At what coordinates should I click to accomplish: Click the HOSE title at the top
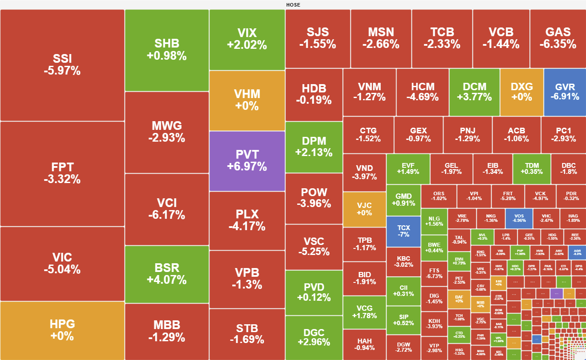(293, 5)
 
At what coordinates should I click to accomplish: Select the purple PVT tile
(247, 161)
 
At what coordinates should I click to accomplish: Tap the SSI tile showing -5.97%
(62, 65)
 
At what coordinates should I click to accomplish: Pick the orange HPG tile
(62, 330)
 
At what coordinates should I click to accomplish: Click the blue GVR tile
(564, 92)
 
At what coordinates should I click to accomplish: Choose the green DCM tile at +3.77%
(474, 92)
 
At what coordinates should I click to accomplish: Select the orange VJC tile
(364, 209)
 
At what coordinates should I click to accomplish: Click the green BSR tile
(166, 274)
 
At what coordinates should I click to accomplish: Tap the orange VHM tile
(247, 100)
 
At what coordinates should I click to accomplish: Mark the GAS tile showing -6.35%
(558, 38)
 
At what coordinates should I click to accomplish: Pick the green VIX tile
(247, 39)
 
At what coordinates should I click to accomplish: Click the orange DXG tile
(522, 92)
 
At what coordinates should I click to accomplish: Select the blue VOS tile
(519, 218)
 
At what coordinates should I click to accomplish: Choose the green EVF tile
(408, 169)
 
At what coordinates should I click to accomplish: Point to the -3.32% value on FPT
(62, 179)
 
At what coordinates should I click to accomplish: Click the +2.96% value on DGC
(314, 342)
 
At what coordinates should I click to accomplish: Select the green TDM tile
(532, 169)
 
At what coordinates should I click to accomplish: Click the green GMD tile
(403, 200)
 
